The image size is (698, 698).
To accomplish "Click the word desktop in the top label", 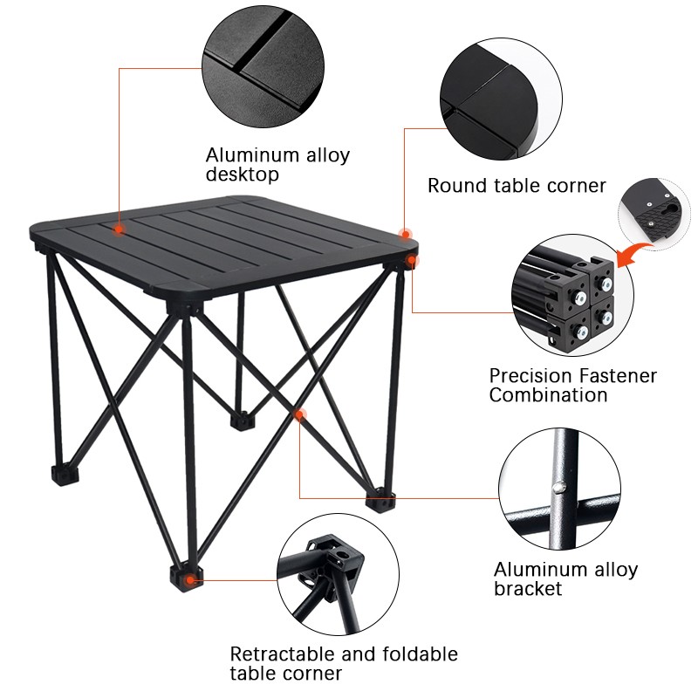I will coord(243,175).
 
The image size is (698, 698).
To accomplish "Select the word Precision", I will coord(531,376).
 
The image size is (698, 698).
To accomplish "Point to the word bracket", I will coord(528,589).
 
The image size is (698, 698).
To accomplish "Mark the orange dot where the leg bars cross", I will coord(300,414).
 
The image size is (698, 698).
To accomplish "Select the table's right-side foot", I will coord(381,500).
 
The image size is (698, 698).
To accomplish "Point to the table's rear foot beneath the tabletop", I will coord(239,419).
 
